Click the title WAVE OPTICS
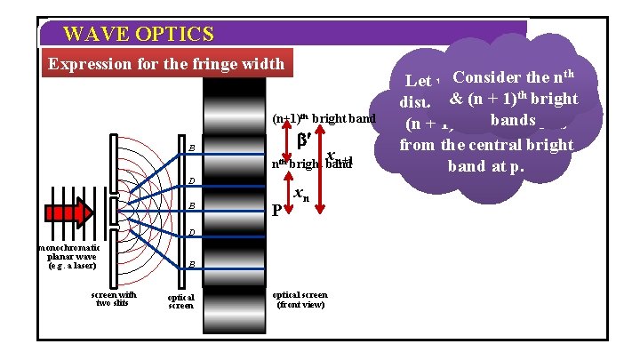(x=139, y=35)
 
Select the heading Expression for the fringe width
(x=165, y=64)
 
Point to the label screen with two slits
(x=111, y=299)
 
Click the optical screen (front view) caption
(x=300, y=299)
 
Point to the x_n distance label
(x=302, y=196)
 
